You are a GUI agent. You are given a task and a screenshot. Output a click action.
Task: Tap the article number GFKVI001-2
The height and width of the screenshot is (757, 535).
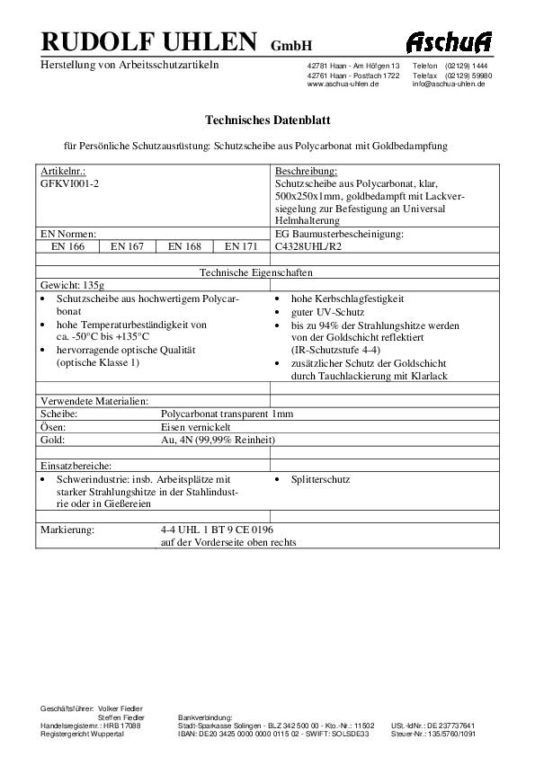click(71, 181)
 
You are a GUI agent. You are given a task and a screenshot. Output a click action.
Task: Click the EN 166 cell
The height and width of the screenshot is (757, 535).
click(66, 245)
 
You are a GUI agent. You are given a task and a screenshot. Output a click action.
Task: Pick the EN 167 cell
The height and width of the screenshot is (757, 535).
click(127, 245)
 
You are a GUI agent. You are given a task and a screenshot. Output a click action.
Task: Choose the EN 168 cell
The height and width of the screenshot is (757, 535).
click(184, 245)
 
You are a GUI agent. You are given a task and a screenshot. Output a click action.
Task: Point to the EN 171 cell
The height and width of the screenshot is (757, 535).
click(241, 245)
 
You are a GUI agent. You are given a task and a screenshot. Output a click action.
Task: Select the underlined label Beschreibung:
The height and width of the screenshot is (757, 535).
click(306, 170)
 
